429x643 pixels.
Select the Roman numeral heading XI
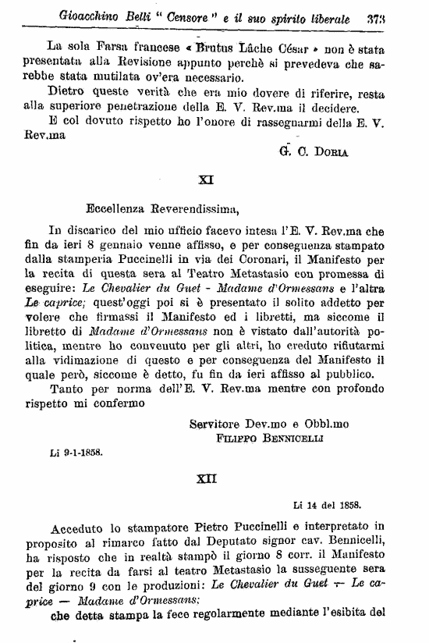(206, 179)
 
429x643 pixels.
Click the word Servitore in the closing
(217, 423)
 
